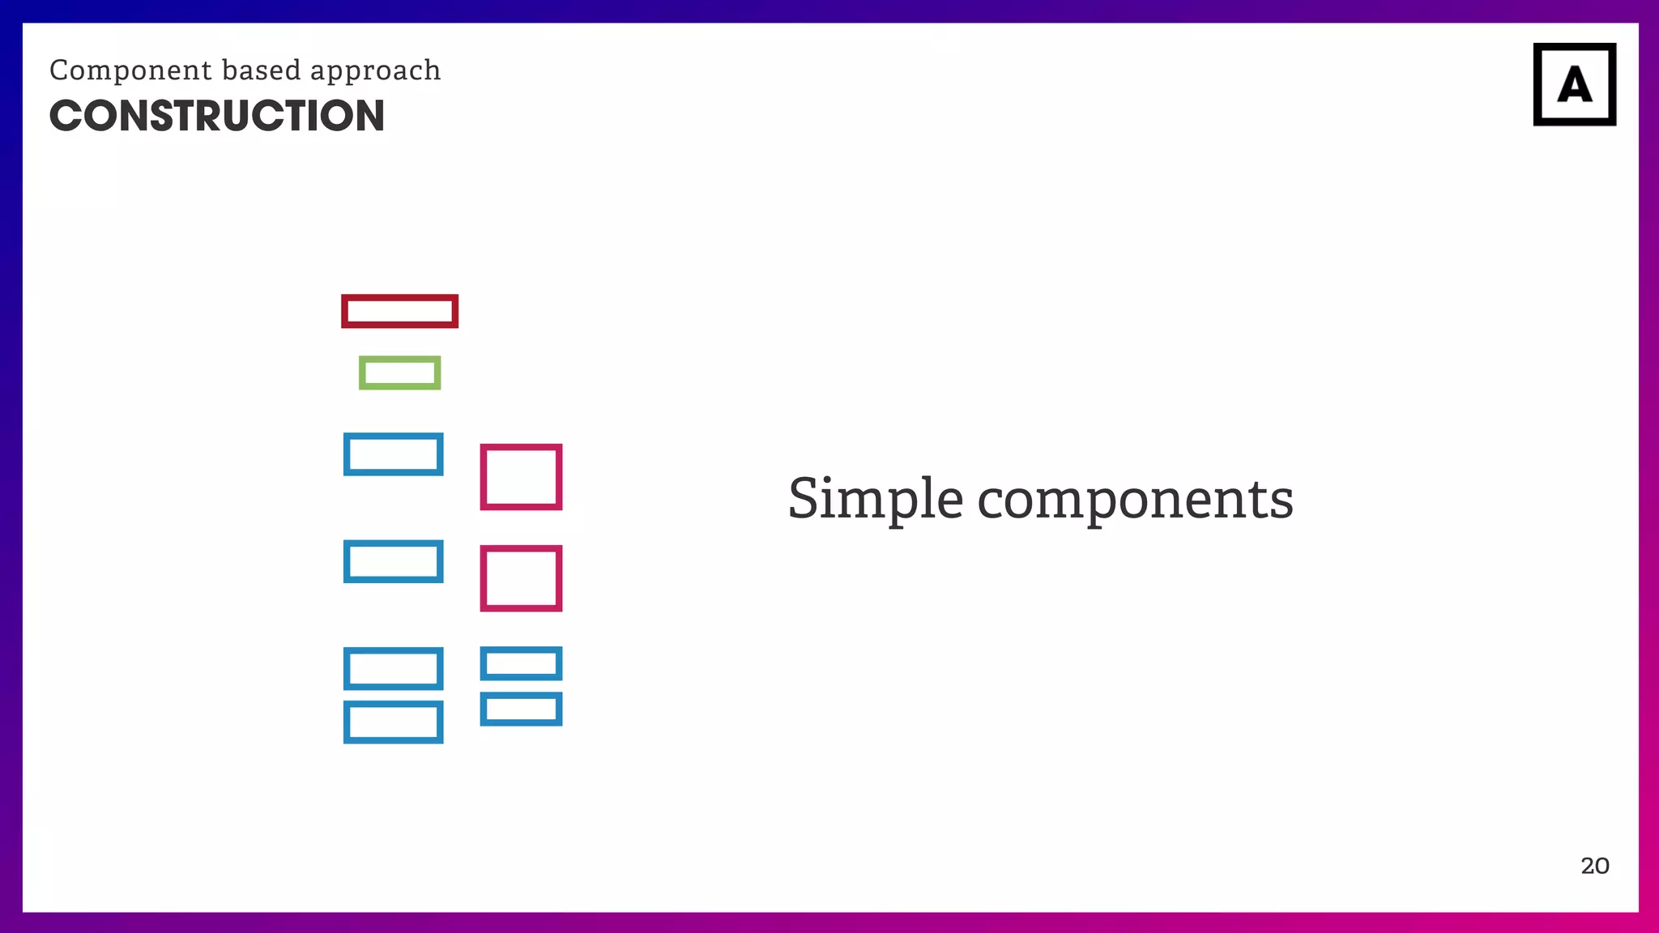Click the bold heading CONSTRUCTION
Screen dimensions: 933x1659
pyautogui.click(x=216, y=116)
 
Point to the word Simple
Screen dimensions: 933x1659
pyautogui.click(x=875, y=499)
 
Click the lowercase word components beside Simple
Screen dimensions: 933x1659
pyautogui.click(x=1135, y=501)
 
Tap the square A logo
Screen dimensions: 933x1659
pyautogui.click(x=1574, y=84)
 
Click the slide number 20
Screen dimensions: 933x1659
pyautogui.click(x=1594, y=866)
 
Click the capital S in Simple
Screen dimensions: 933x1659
pyautogui.click(x=811, y=499)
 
